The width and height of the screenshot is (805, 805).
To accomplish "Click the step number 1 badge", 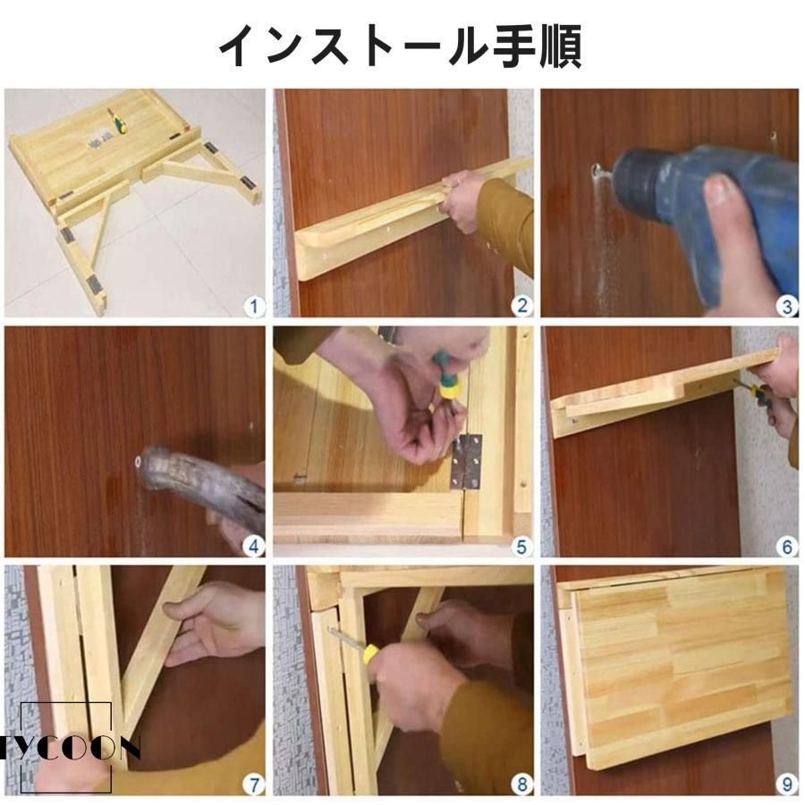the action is [x=254, y=307].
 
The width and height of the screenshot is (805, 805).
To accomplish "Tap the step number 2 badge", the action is [x=522, y=306].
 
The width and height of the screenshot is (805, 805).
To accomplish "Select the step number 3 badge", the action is [x=787, y=307].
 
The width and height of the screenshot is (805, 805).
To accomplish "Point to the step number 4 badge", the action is [x=254, y=547].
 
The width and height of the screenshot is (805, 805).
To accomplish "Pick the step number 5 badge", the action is [x=522, y=547].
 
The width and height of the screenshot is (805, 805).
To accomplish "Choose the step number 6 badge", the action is [x=787, y=547].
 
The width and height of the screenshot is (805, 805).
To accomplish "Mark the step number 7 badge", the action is [x=254, y=785].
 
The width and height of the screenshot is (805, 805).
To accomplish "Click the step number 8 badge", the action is [x=522, y=785].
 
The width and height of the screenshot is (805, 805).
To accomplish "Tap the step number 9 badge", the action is [x=787, y=785].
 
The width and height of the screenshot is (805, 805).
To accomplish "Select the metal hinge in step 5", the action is [x=467, y=462].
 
